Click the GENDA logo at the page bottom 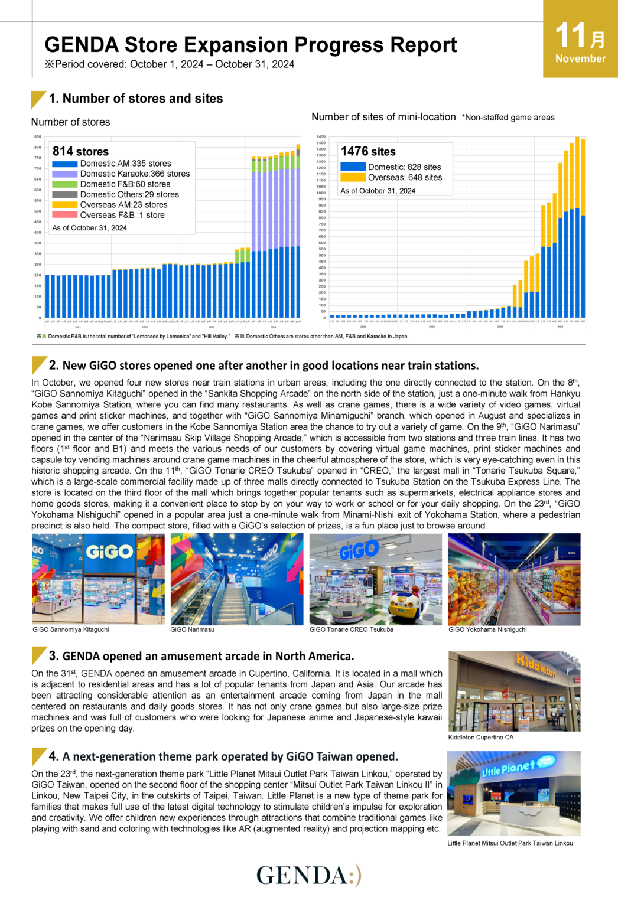[x=308, y=875]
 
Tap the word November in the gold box [x=580, y=58]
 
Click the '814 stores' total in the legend [x=80, y=151]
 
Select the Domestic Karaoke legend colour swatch [x=64, y=174]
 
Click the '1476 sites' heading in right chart [x=368, y=151]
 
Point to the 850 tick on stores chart [x=38, y=136]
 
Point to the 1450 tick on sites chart [x=321, y=136]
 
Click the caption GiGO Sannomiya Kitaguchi [x=71, y=629]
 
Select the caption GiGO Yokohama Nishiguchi [x=487, y=629]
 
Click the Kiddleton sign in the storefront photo [x=535, y=665]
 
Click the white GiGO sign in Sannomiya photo [x=109, y=552]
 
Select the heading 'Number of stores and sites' [x=142, y=99]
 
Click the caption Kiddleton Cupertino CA [x=480, y=737]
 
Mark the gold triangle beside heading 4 [x=38, y=755]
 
